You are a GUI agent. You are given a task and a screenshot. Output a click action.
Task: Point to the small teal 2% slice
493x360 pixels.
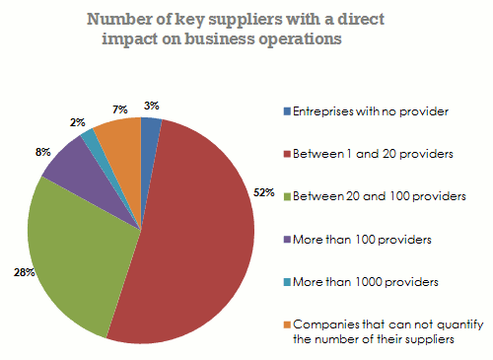(92, 138)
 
